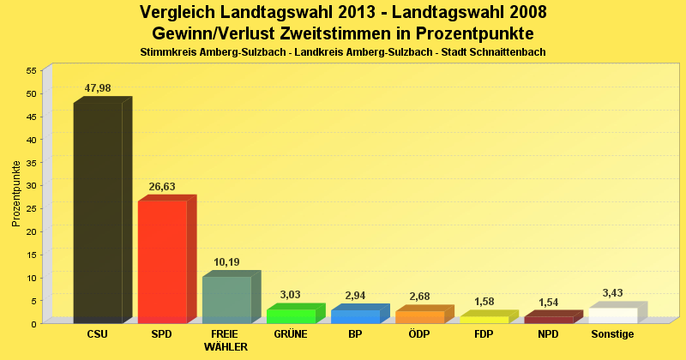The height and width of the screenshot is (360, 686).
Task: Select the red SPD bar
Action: [x=162, y=261]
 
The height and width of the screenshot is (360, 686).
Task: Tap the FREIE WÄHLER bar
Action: [x=226, y=299]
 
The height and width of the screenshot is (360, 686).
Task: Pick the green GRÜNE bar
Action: [x=291, y=315]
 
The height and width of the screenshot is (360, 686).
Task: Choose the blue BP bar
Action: [x=355, y=315]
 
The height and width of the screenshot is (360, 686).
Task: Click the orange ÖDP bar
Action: [x=419, y=316]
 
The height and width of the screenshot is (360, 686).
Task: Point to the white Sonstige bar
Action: [x=612, y=315]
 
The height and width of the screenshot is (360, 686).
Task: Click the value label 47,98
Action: [x=98, y=88]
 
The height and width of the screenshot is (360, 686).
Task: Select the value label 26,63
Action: [x=162, y=186]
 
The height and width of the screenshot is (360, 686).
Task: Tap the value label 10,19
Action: [x=226, y=262]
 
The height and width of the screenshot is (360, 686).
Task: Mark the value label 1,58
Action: [x=484, y=302]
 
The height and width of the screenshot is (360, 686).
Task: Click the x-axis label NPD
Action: [x=548, y=334]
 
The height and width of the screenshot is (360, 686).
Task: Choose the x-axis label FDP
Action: [x=484, y=334]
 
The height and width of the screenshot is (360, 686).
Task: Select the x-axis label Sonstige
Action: [x=612, y=334]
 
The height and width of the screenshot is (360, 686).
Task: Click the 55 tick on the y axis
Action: [x=32, y=70]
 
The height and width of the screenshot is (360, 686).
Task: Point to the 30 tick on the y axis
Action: [x=32, y=185]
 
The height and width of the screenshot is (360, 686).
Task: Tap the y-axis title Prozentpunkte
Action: [x=16, y=193]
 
